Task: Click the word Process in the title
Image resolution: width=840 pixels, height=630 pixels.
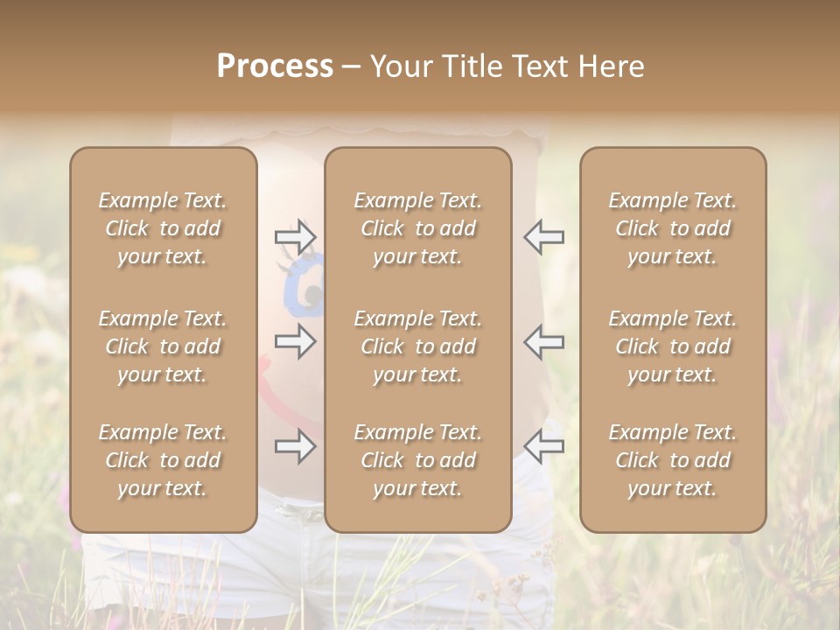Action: coord(275,66)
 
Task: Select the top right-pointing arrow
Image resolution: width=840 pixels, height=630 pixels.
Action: coord(295,237)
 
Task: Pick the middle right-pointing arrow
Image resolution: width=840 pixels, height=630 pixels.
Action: coord(295,341)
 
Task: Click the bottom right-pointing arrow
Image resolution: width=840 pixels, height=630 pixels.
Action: coord(295,447)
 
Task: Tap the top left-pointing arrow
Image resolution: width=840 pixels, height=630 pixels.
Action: coord(543,237)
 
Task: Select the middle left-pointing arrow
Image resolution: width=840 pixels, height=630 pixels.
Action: coord(543,341)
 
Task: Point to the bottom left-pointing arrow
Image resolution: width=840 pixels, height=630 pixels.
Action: coord(543,447)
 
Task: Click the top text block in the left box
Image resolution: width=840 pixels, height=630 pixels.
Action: coord(163,228)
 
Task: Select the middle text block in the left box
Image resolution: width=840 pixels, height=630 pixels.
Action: coord(163,346)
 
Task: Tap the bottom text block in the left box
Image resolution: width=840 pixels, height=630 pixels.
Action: coord(163,460)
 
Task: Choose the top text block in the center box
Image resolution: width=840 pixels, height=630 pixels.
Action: coord(418,228)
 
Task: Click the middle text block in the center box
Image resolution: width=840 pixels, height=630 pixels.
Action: coord(418,346)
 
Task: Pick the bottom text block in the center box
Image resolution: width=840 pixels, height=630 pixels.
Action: coord(418,460)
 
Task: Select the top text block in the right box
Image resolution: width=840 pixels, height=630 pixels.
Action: coord(673,228)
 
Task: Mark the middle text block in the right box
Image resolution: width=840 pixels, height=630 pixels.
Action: coord(673,346)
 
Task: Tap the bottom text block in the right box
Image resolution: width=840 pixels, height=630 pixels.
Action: coord(673,460)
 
